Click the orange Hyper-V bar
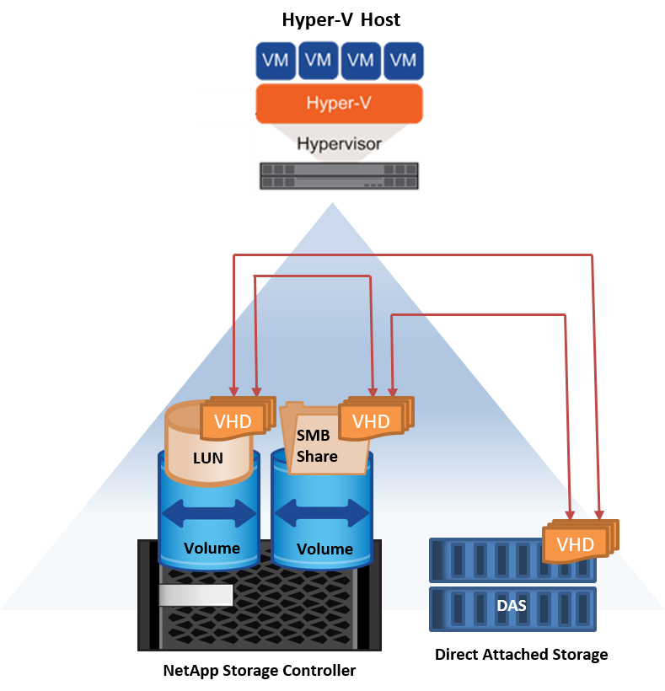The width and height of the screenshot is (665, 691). (x=339, y=104)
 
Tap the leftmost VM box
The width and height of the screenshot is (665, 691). (x=276, y=60)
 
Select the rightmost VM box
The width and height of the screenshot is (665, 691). (x=404, y=60)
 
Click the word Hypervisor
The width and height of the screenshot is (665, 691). (x=339, y=143)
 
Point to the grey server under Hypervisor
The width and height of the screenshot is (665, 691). (x=339, y=175)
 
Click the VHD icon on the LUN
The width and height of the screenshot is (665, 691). (x=233, y=421)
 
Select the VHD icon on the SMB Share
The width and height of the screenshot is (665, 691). (x=371, y=421)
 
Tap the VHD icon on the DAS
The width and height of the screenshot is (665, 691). (x=576, y=544)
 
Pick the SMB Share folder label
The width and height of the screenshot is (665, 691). (x=317, y=447)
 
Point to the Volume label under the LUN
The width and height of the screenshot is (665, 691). (x=212, y=548)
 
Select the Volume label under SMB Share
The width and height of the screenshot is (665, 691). (x=324, y=549)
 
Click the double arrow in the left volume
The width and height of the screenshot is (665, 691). (x=208, y=513)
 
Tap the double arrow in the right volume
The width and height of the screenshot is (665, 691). (x=322, y=513)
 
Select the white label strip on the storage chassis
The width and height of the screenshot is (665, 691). (x=196, y=595)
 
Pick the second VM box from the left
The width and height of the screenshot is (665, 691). (x=319, y=60)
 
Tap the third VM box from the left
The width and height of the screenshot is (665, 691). (x=361, y=60)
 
